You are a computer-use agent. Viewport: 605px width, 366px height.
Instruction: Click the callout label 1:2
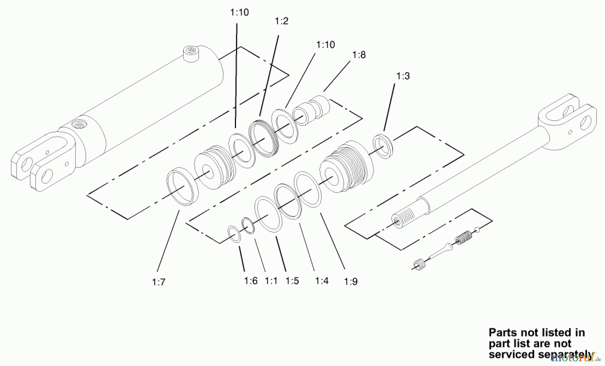pos(282,21)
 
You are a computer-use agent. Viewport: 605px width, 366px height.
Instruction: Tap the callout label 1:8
pos(359,55)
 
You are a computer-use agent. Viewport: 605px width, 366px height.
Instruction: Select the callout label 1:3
pos(403,76)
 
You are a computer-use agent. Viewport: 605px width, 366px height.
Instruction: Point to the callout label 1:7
pos(159,282)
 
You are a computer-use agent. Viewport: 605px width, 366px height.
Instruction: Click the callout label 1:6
pos(251,281)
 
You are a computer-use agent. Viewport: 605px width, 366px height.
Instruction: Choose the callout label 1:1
pos(271,281)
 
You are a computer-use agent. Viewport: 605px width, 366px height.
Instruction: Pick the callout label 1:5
pos(292,281)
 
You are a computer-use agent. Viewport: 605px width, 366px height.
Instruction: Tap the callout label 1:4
pos(322,281)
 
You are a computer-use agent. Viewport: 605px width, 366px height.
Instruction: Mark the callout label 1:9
pos(351,282)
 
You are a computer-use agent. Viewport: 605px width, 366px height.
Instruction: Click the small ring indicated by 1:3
pos(384,146)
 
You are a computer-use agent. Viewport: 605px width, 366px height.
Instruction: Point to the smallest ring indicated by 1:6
pos(234,234)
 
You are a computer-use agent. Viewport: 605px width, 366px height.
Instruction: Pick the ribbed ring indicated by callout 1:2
pos(264,138)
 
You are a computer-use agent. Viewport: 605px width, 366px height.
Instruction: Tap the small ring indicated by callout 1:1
pos(248,226)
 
